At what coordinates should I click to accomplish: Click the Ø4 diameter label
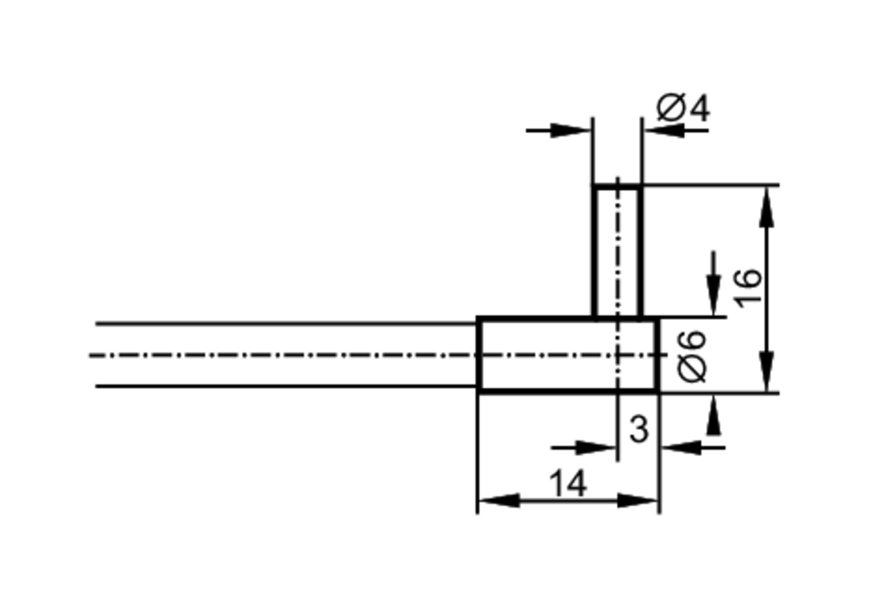pos(683,108)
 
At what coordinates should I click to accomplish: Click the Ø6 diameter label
pos(692,356)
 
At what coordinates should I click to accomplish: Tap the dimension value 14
pos(568,484)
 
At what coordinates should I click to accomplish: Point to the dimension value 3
pos(639,430)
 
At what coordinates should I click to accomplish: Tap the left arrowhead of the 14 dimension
pos(499,501)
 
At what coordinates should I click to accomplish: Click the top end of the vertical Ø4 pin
pos(617,187)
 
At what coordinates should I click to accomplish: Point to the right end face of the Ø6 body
pos(657,355)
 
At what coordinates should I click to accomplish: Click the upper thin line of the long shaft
pos(283,324)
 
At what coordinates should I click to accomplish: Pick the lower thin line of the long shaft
pos(283,386)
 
